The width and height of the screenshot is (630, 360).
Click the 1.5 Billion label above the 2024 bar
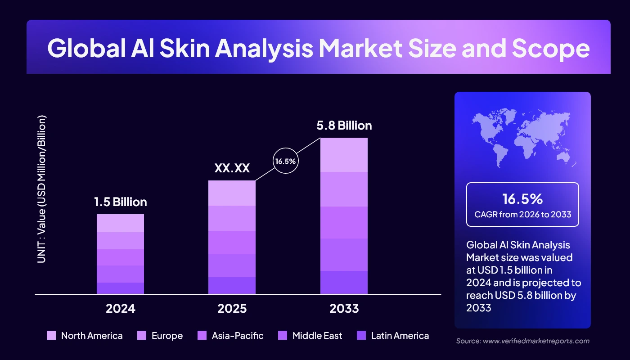tap(120, 202)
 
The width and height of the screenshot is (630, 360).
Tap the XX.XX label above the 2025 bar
tap(232, 168)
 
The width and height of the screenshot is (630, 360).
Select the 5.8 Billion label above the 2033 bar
tap(344, 125)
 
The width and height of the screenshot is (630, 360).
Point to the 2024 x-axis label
tap(120, 309)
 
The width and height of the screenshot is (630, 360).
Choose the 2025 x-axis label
tap(232, 309)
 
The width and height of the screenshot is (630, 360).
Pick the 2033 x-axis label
tap(344, 309)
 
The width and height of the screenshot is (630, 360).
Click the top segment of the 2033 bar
tap(344, 154)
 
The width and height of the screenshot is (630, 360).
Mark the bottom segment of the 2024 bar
tap(120, 288)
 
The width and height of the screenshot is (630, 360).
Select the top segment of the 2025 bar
tap(232, 193)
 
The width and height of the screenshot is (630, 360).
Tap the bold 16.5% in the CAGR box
tap(522, 199)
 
